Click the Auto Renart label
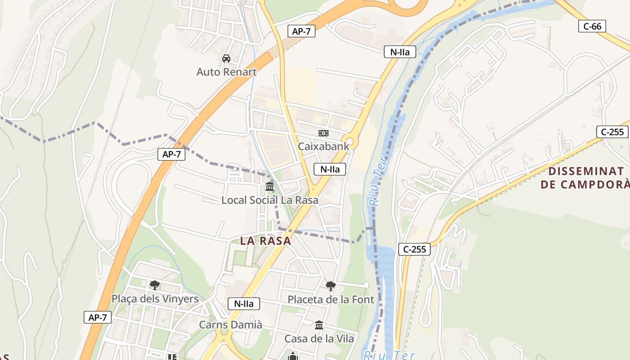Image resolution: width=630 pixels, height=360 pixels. coord(226,72)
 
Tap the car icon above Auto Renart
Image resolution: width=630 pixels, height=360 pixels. coord(226,58)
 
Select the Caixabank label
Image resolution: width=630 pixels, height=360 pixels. coord(323,146)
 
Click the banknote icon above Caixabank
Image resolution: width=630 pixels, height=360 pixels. coord(323,133)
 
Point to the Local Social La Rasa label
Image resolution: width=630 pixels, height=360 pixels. coord(270,200)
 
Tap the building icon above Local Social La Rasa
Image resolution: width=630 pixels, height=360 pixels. coord(270,186)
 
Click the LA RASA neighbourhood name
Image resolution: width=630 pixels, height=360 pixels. coord(265,241)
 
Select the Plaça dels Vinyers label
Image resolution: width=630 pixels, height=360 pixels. coord(155,299)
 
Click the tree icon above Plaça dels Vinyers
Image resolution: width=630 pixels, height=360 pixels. coord(155,285)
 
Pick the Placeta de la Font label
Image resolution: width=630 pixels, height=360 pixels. coord(331,299)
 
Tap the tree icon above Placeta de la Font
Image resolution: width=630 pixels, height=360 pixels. coord(331,286)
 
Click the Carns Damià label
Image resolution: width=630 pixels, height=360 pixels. coord(230,324)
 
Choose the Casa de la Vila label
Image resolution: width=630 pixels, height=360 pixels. coord(319,338)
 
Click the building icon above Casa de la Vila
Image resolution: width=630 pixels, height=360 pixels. coord(319,325)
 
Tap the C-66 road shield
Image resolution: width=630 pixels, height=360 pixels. coord(592,27)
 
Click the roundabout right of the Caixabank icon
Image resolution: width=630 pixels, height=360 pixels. coord(350,142)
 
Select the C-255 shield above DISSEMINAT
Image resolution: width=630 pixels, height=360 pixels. coord(612,132)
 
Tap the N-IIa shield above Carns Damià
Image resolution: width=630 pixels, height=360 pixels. coord(244,304)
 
